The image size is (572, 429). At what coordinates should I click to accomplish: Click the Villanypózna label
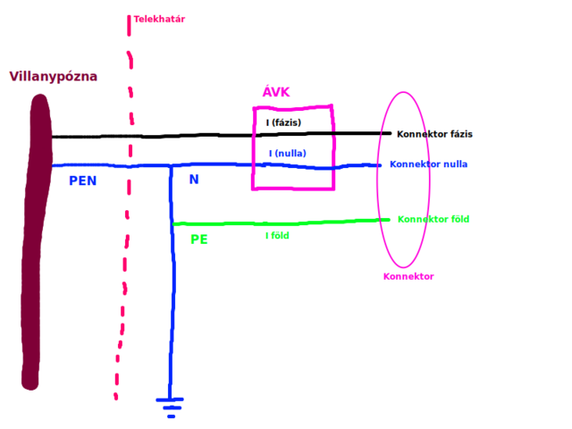(x=54, y=77)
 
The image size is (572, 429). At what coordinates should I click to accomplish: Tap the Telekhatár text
(x=159, y=19)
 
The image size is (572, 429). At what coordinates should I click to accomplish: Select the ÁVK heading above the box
(x=275, y=92)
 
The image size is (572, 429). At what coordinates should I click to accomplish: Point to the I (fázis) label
(x=283, y=122)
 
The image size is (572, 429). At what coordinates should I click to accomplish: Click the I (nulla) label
(x=287, y=154)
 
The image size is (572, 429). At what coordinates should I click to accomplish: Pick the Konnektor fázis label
(x=434, y=134)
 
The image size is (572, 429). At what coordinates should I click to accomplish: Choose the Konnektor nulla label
(x=428, y=164)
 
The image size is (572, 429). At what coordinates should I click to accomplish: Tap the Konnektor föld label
(x=433, y=219)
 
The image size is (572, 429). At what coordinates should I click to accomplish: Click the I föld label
(x=277, y=236)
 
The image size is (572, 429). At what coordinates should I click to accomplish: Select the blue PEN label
(x=82, y=181)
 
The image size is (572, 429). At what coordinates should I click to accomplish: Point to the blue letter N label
(x=194, y=180)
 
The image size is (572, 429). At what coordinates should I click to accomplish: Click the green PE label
(x=199, y=240)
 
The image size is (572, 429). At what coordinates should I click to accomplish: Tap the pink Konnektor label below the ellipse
(x=408, y=276)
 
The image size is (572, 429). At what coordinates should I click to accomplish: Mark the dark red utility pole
(x=36, y=241)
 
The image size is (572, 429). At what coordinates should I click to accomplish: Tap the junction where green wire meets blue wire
(x=172, y=223)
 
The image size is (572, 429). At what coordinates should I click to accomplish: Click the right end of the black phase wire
(x=389, y=133)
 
